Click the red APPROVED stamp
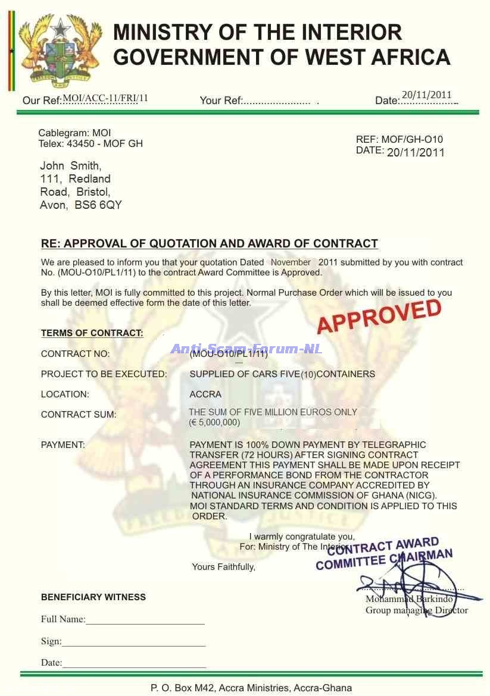(x=379, y=316)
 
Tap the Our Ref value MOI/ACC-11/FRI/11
(x=105, y=99)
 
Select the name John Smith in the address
(x=70, y=166)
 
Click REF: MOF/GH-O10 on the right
(x=399, y=140)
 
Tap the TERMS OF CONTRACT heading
(x=92, y=333)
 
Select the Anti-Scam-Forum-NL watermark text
(x=246, y=349)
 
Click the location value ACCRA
(x=205, y=394)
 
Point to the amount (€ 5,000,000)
(x=214, y=422)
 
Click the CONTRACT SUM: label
(x=79, y=415)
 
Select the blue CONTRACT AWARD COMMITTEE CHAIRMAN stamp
(x=384, y=554)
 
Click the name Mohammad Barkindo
(x=409, y=599)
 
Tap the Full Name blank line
(x=145, y=620)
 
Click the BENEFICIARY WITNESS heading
(x=93, y=597)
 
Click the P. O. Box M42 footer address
(x=251, y=688)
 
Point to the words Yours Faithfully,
(x=223, y=567)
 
